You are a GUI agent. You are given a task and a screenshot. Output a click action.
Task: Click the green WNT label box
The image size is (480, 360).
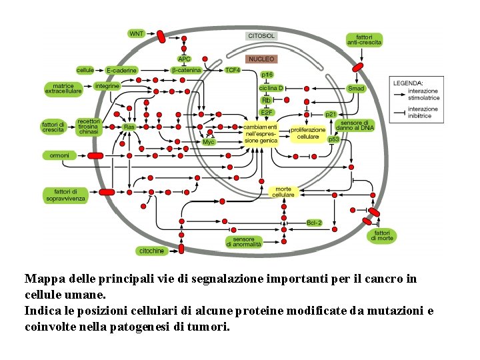tap(136, 33)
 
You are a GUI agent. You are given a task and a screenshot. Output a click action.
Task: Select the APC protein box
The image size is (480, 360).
tap(184, 59)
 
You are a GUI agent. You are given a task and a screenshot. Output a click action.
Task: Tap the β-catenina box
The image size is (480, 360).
tap(186, 70)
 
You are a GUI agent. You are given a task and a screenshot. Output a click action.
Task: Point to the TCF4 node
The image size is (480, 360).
tap(233, 70)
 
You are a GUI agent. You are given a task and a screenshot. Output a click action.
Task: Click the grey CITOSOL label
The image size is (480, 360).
tap(261, 36)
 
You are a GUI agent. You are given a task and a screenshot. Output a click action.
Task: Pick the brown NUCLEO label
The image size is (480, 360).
tap(261, 59)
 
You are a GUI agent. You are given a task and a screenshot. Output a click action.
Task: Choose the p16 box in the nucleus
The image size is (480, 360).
tap(267, 75)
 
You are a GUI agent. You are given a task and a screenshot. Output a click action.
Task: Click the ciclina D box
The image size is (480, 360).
tap(271, 88)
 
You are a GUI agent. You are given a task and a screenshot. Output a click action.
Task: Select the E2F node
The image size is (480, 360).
tap(266, 112)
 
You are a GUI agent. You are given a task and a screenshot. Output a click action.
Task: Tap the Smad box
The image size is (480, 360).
tap(356, 88)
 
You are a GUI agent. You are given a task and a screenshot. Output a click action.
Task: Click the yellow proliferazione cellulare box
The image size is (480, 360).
tap(308, 133)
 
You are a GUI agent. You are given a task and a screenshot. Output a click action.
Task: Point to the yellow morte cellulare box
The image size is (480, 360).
tap(283, 191)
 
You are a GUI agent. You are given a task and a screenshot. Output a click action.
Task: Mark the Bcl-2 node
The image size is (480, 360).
tap(314, 223)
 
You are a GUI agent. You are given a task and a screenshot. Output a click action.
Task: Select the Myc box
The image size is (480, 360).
tap(209, 142)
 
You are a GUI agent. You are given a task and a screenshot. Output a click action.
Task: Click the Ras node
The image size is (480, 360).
tap(129, 126)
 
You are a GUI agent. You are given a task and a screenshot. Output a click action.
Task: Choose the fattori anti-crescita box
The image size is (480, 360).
tap(364, 39)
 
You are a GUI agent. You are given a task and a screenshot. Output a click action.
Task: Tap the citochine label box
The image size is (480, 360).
tap(151, 251)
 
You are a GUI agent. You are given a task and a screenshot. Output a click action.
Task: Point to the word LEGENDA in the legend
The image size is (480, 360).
tap(407, 83)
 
